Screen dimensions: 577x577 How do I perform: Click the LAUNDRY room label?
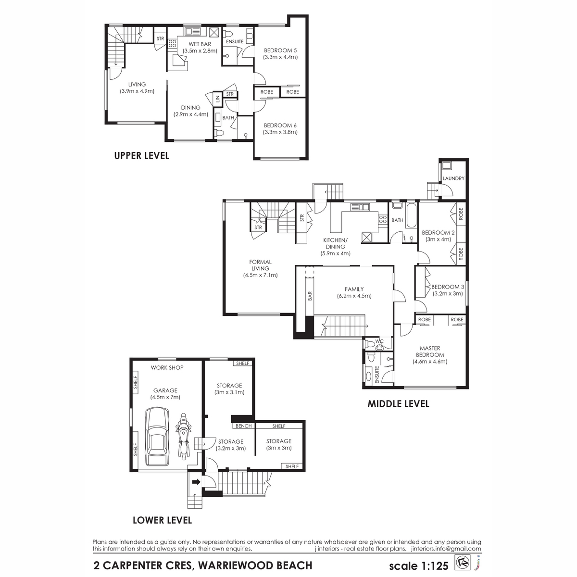click(453, 178)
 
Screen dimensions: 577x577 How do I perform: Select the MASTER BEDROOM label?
click(430, 351)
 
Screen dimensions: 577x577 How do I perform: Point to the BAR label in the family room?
click(310, 296)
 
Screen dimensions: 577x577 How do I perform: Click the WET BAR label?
click(200, 44)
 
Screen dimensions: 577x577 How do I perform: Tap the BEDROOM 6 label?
click(280, 125)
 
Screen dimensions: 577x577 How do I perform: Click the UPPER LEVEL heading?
click(142, 156)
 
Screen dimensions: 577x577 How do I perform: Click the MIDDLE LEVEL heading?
click(398, 403)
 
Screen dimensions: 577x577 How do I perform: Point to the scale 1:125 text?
click(419, 565)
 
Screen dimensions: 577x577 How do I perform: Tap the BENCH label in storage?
click(243, 426)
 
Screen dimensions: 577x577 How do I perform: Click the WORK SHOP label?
click(167, 367)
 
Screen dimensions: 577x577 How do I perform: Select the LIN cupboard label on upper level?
click(218, 99)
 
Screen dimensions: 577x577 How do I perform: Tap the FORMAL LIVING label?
click(260, 265)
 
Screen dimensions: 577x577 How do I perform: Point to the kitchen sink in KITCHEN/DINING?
click(360, 207)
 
